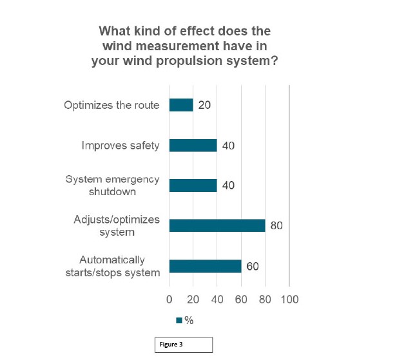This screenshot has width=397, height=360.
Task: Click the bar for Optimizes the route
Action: point(181,105)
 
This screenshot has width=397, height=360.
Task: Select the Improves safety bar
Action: point(193,145)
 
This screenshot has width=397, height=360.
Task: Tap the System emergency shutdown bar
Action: point(193,185)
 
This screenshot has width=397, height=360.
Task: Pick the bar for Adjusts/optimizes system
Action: point(217,225)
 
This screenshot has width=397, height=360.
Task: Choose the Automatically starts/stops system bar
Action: point(205,266)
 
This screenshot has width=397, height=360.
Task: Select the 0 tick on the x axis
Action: point(169,299)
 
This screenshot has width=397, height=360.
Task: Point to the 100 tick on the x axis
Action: point(289,299)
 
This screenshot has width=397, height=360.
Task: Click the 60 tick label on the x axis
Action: point(241,299)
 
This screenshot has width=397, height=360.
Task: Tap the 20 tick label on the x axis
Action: point(193,299)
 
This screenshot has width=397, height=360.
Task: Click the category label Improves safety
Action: point(121,145)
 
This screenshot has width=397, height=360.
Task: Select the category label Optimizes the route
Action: point(111,105)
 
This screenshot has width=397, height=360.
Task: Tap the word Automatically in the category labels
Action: point(112,260)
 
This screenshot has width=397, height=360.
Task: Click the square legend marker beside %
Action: point(179,320)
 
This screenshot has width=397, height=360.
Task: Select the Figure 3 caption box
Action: point(183,345)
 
